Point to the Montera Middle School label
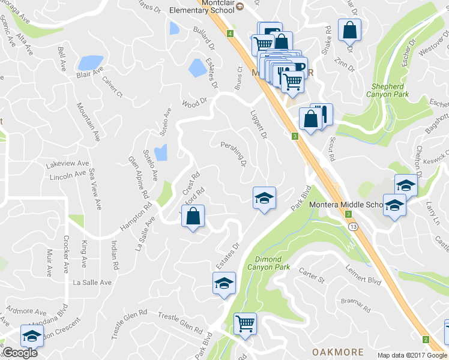coord(346,205)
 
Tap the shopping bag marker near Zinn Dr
coord(349,30)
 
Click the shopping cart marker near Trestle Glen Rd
coord(245,325)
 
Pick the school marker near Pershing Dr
coord(264,198)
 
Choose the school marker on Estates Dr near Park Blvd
coord(224,284)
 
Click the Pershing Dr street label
coord(234,154)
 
